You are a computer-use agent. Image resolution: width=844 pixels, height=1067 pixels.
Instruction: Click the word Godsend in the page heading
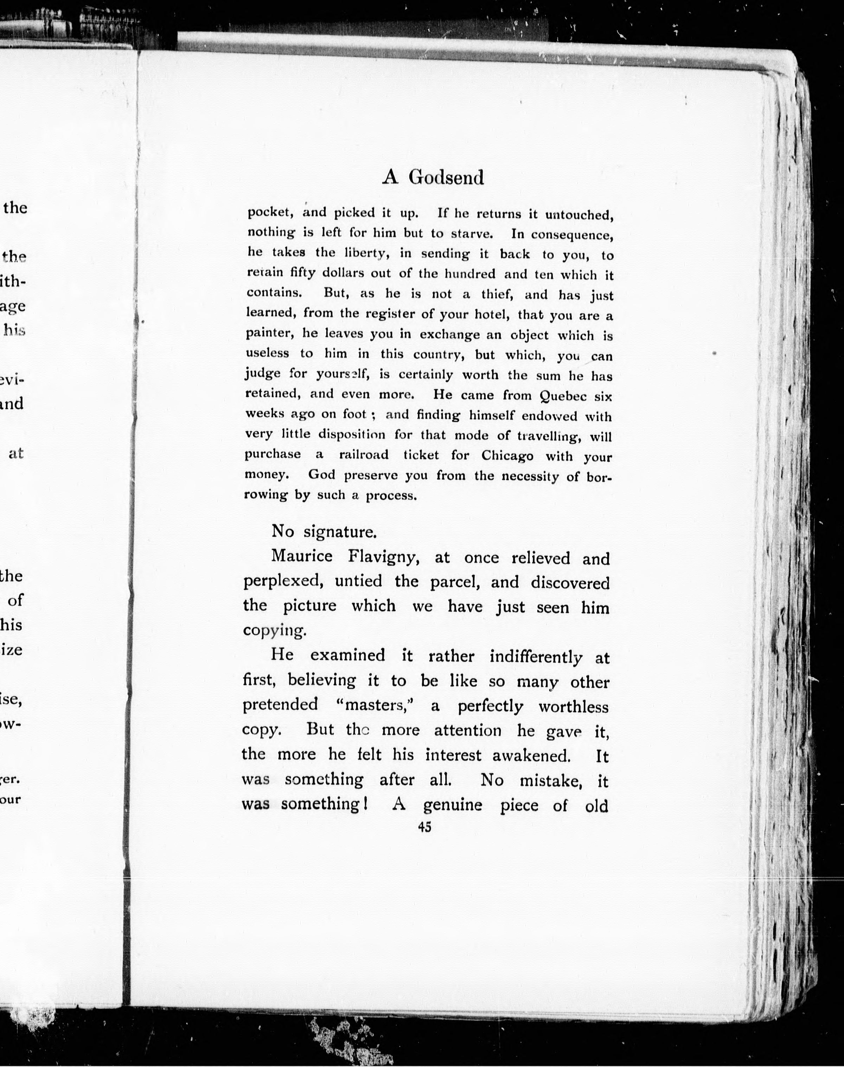click(446, 177)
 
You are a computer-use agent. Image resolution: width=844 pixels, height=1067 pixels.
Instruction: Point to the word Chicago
click(507, 456)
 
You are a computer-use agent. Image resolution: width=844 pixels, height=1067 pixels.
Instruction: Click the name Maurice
click(301, 556)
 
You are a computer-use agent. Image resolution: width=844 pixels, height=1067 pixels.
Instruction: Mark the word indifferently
click(536, 657)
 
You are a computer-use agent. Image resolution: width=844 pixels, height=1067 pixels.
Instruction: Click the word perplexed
click(283, 581)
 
